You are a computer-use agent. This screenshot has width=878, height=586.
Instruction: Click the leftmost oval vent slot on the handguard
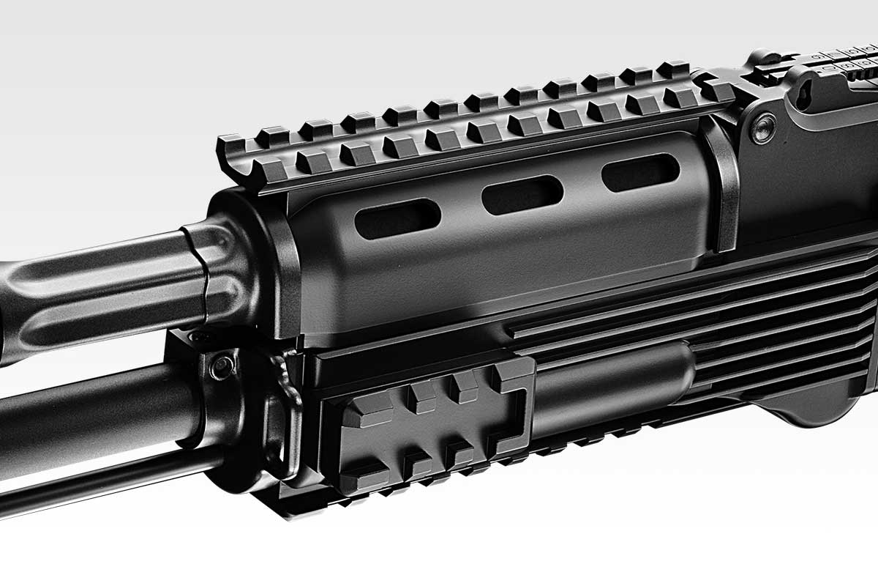tap(397, 218)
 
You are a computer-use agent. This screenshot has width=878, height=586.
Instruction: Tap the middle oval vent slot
tap(522, 195)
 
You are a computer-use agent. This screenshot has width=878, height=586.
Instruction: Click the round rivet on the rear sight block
tap(764, 130)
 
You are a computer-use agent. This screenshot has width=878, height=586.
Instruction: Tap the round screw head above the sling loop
tap(221, 366)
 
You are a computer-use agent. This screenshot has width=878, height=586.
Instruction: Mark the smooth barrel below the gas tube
tap(95, 410)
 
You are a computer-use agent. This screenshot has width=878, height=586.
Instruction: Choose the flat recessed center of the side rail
tap(432, 432)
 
